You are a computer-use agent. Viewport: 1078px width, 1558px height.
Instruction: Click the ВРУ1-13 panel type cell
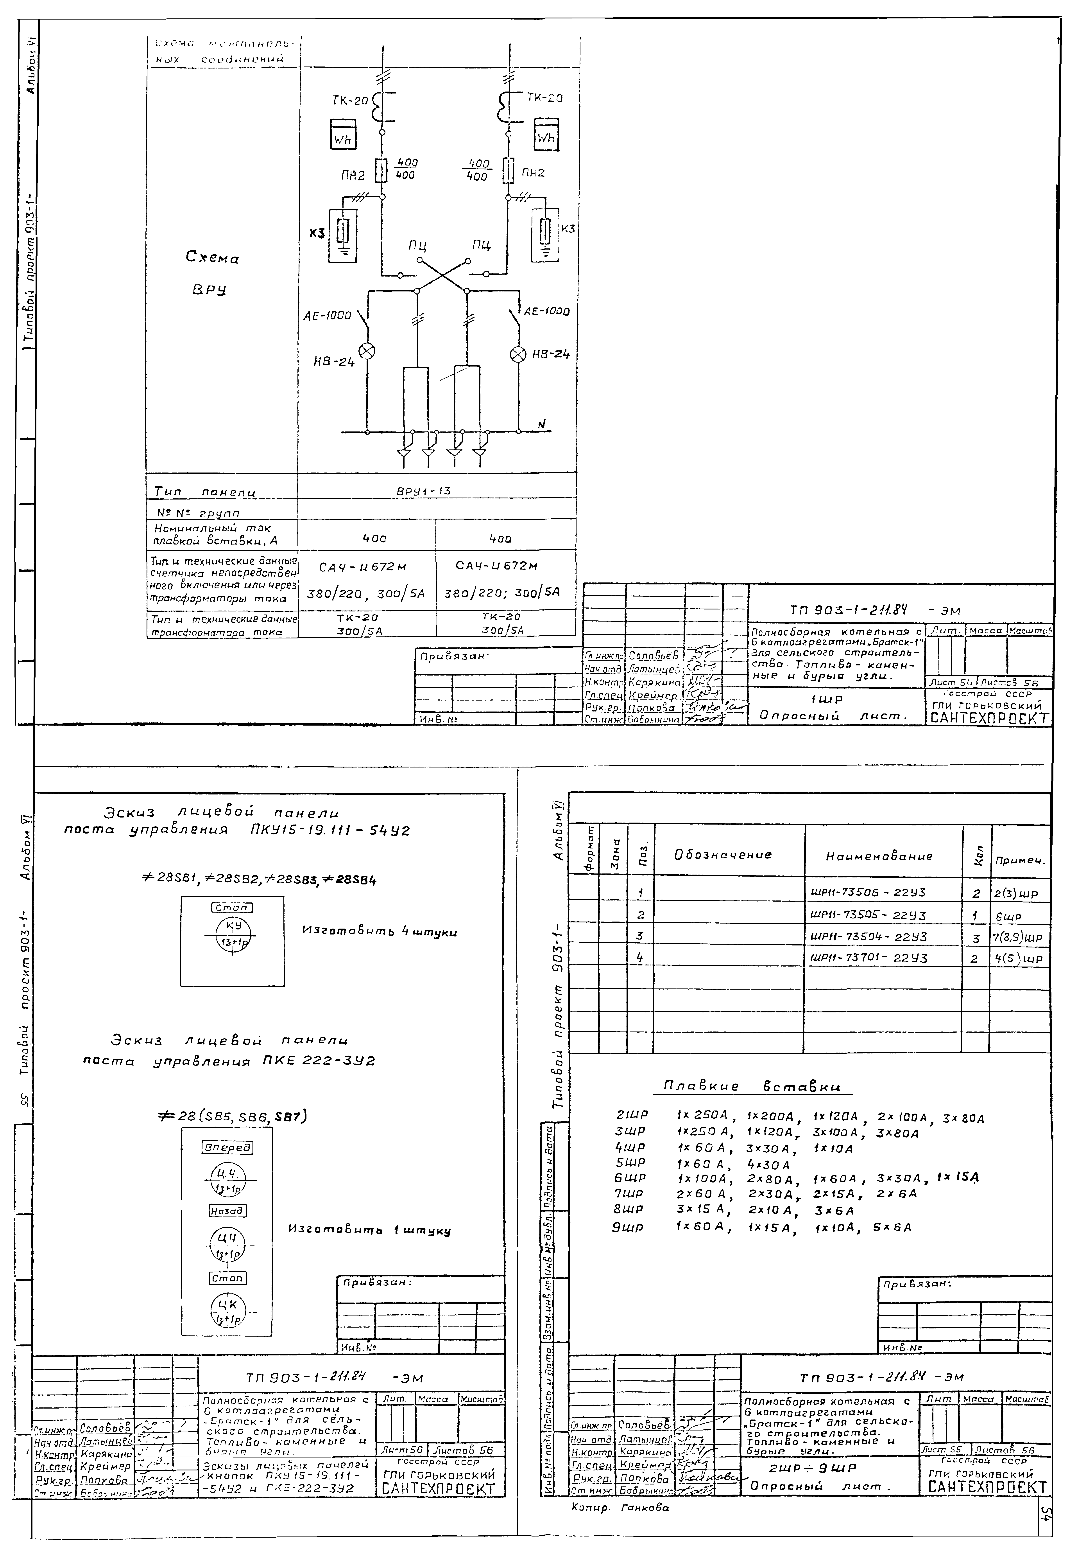point(424,491)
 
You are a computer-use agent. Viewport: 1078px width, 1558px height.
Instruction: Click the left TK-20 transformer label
point(351,101)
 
